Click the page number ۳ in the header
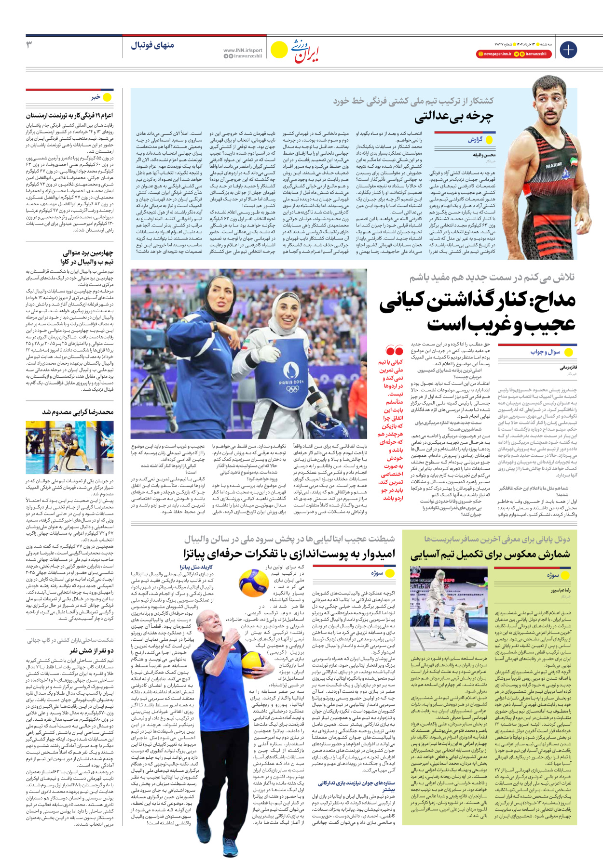click(x=29, y=45)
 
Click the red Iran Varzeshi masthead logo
click(x=307, y=52)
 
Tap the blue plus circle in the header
click(x=568, y=50)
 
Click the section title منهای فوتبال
click(x=152, y=45)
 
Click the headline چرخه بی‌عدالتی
click(x=453, y=116)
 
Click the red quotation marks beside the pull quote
click(x=394, y=350)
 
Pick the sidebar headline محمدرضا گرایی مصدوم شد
click(x=78, y=412)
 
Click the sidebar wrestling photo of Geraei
click(x=76, y=447)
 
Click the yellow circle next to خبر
click(x=107, y=97)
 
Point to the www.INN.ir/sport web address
click(x=243, y=50)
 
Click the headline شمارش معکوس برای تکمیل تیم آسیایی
click(x=490, y=555)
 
